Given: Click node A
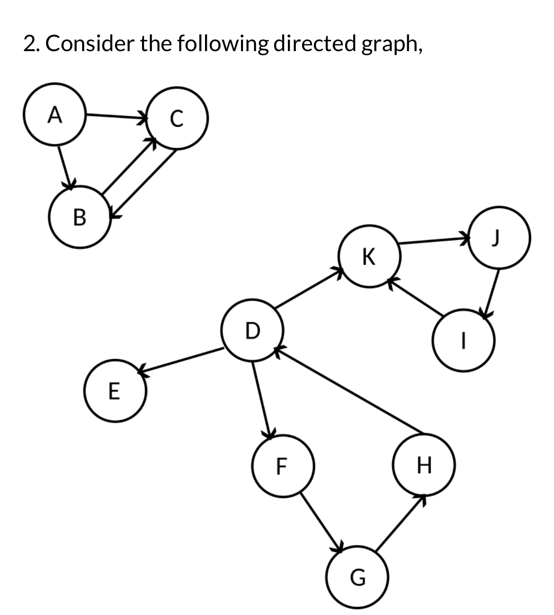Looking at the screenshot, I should (55, 115).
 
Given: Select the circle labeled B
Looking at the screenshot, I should (80, 218).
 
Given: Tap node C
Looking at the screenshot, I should (177, 119).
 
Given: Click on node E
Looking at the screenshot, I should (114, 391).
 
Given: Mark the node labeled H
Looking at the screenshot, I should (424, 465).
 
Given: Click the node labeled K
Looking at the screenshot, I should (369, 257).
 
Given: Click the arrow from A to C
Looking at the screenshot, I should (116, 116).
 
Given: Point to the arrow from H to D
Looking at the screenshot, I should (348, 390).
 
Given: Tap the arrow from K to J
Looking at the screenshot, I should (434, 241).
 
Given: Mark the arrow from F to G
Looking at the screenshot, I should (322, 521).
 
